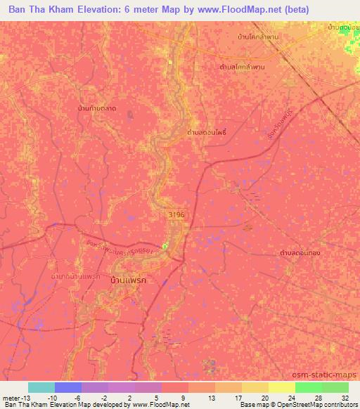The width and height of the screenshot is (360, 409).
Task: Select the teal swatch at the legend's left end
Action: point(41,387)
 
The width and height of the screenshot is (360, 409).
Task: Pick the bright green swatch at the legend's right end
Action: point(335,387)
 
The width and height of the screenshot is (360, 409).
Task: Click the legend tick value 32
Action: point(345,397)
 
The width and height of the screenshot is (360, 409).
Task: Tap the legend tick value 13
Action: point(210,397)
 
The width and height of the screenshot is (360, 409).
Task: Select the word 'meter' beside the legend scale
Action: point(11,397)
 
